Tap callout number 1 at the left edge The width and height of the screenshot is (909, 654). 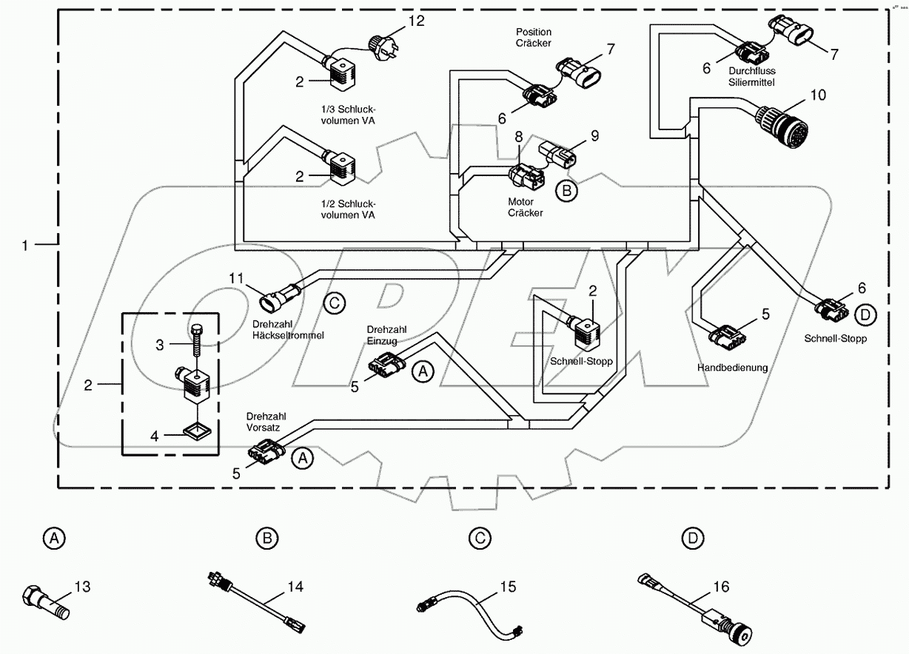tap(26, 244)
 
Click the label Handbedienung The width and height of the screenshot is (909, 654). tap(732, 367)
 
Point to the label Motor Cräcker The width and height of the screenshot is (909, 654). tap(525, 207)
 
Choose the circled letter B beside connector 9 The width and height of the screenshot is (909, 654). tap(566, 190)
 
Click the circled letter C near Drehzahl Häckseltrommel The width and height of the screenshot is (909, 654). tap(334, 302)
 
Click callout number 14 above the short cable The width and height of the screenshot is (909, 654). tap(295, 587)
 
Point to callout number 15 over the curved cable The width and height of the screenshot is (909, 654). tap(506, 587)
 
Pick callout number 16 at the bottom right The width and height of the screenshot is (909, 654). tap(720, 587)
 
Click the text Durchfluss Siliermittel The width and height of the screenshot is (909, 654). tap(751, 77)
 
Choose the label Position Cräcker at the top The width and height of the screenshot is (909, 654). tap(534, 38)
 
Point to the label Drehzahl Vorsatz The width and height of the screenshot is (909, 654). tap(264, 422)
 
